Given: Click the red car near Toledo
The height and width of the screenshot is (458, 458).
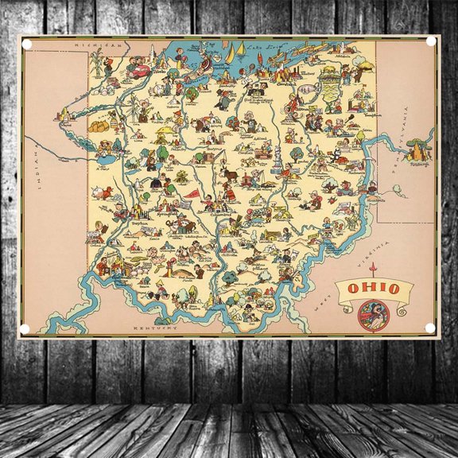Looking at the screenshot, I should click(141, 70).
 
